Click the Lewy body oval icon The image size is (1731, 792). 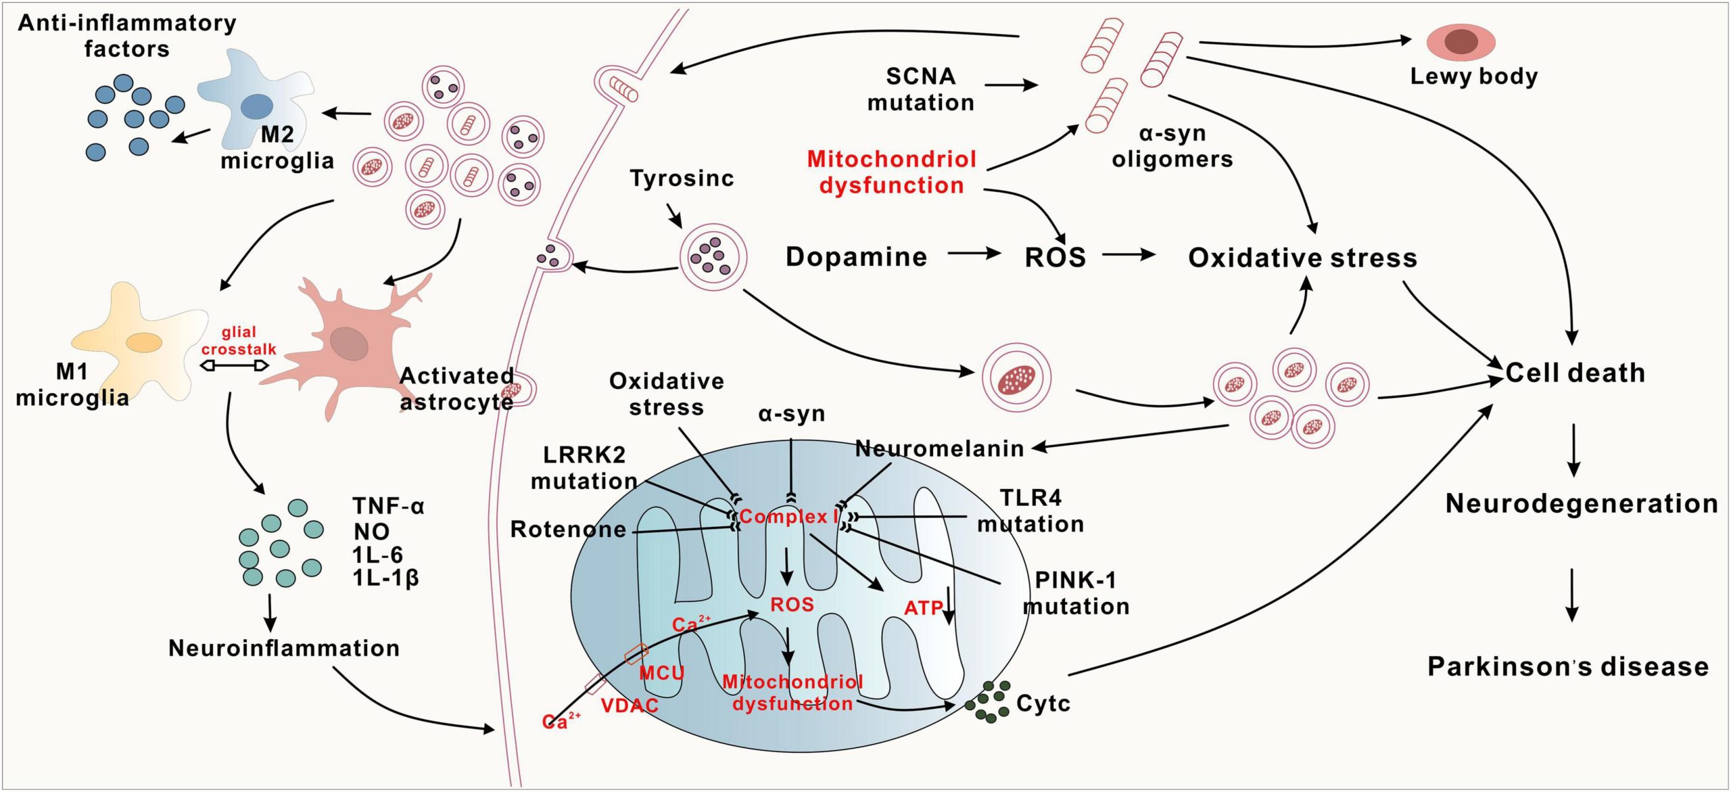tap(1461, 42)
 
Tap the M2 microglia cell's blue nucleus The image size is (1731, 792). tap(257, 106)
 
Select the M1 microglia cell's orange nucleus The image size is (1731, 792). tap(143, 342)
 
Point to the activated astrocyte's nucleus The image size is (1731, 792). tap(349, 343)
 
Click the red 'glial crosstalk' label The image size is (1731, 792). tap(239, 340)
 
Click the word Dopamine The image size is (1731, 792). tap(856, 257)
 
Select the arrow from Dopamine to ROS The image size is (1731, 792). tap(974, 254)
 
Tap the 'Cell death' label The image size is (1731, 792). tap(1575, 373)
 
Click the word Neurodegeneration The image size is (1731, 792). tap(1582, 503)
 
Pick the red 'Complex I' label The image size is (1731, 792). tap(788, 517)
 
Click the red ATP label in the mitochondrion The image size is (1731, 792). tap(923, 608)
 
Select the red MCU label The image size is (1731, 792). tap(661, 672)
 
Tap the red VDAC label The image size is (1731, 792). tap(629, 705)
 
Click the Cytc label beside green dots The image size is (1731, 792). tap(1043, 703)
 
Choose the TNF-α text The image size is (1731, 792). tap(388, 506)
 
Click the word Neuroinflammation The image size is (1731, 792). tap(284, 648)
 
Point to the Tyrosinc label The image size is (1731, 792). tap(682, 179)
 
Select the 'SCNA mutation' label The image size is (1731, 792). tap(921, 89)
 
